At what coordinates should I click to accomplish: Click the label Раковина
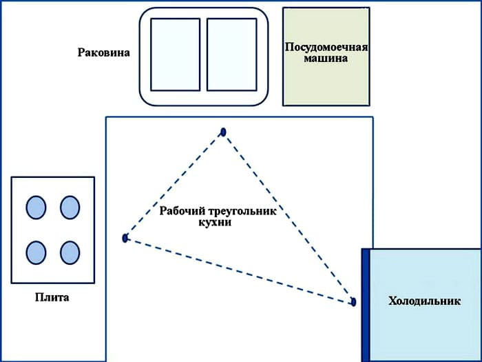[105, 52]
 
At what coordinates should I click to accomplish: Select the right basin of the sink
[231, 54]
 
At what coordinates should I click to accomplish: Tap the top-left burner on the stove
[36, 206]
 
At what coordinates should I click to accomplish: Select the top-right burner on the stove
[70, 206]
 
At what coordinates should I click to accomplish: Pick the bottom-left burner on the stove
[36, 252]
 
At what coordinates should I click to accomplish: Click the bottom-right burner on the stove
[70, 252]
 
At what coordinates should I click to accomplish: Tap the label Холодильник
[424, 301]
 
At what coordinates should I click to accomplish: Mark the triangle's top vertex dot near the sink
[223, 132]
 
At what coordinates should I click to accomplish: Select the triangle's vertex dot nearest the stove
[125, 238]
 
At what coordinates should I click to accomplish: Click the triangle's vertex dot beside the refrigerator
[353, 302]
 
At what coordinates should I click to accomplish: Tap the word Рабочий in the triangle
[180, 212]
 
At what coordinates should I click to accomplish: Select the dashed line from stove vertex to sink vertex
[174, 185]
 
